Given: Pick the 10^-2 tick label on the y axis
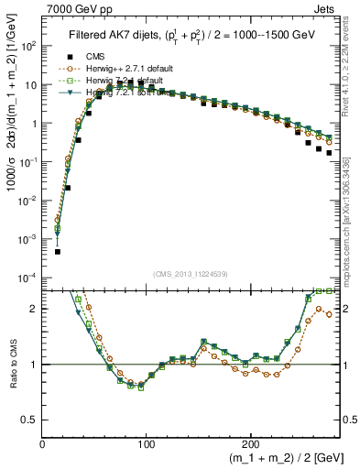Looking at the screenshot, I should [27, 200].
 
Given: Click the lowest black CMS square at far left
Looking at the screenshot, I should [57, 251].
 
